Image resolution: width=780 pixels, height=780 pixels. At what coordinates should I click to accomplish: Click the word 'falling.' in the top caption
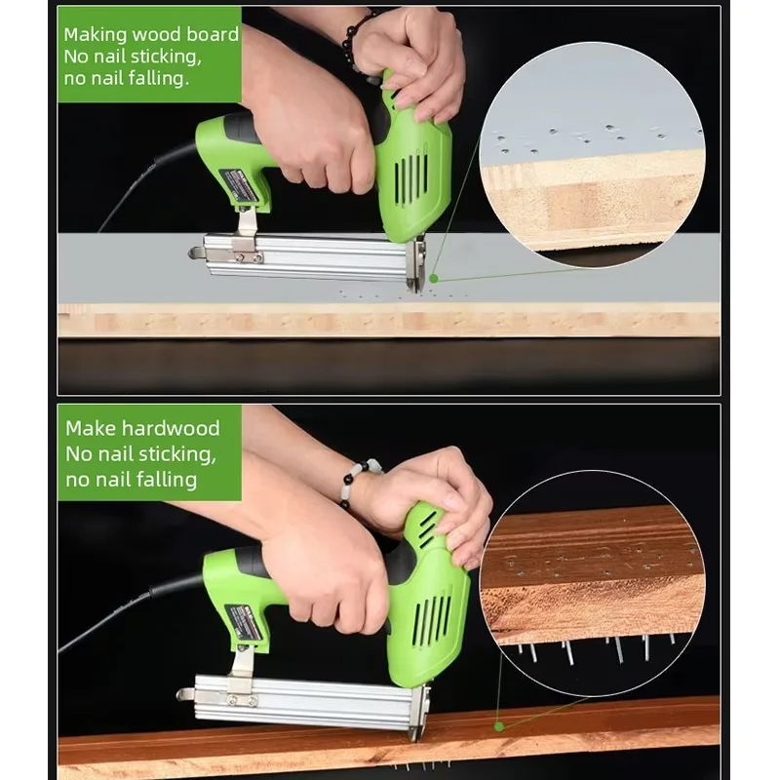pyautogui.click(x=152, y=78)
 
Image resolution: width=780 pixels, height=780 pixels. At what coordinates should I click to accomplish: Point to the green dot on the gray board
pyautogui.click(x=434, y=279)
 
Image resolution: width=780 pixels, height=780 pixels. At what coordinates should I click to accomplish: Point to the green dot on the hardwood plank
pyautogui.click(x=498, y=724)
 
